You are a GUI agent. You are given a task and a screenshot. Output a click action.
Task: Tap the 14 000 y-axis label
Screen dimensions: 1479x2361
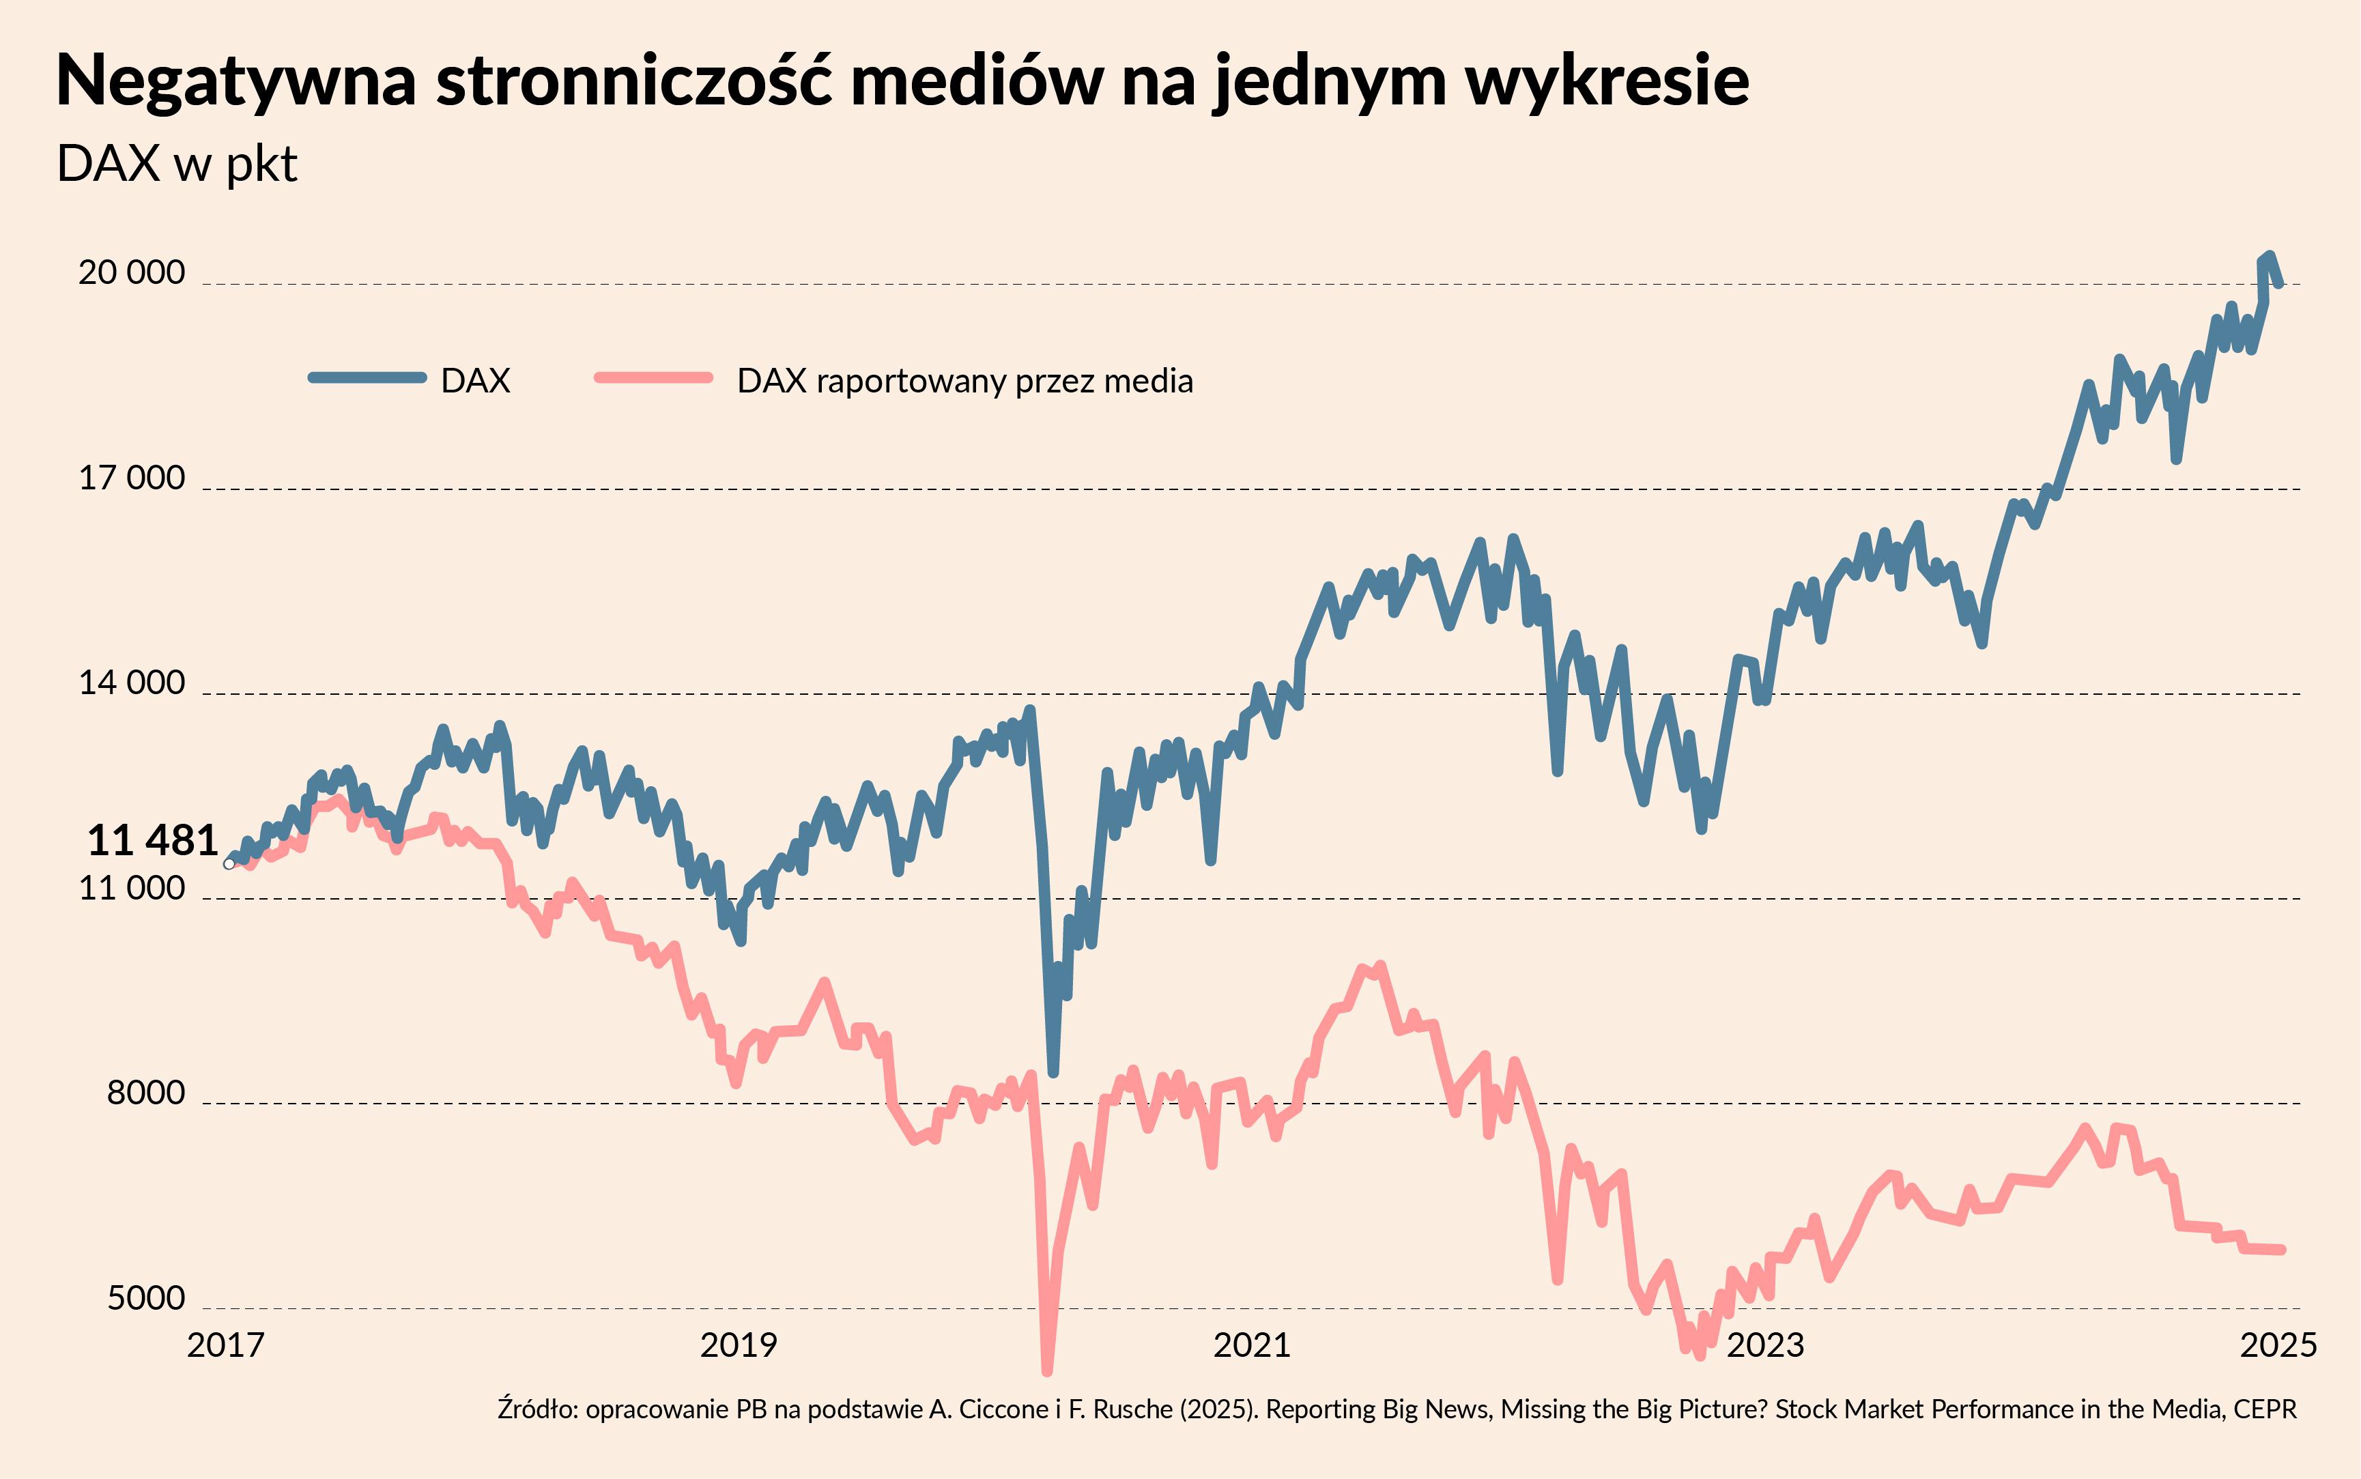point(131,682)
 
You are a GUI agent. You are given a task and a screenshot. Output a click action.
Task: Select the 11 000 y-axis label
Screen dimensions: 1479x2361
point(131,887)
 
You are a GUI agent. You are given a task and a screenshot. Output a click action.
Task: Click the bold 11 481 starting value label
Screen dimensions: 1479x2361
point(153,840)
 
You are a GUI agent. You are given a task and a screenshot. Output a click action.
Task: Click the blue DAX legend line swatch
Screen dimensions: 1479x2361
point(368,377)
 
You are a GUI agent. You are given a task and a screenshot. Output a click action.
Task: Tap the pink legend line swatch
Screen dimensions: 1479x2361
point(653,377)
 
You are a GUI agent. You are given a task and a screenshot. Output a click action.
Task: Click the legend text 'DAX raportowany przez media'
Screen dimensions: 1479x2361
point(964,381)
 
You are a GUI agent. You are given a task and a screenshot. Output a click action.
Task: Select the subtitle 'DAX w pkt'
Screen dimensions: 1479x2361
point(177,163)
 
